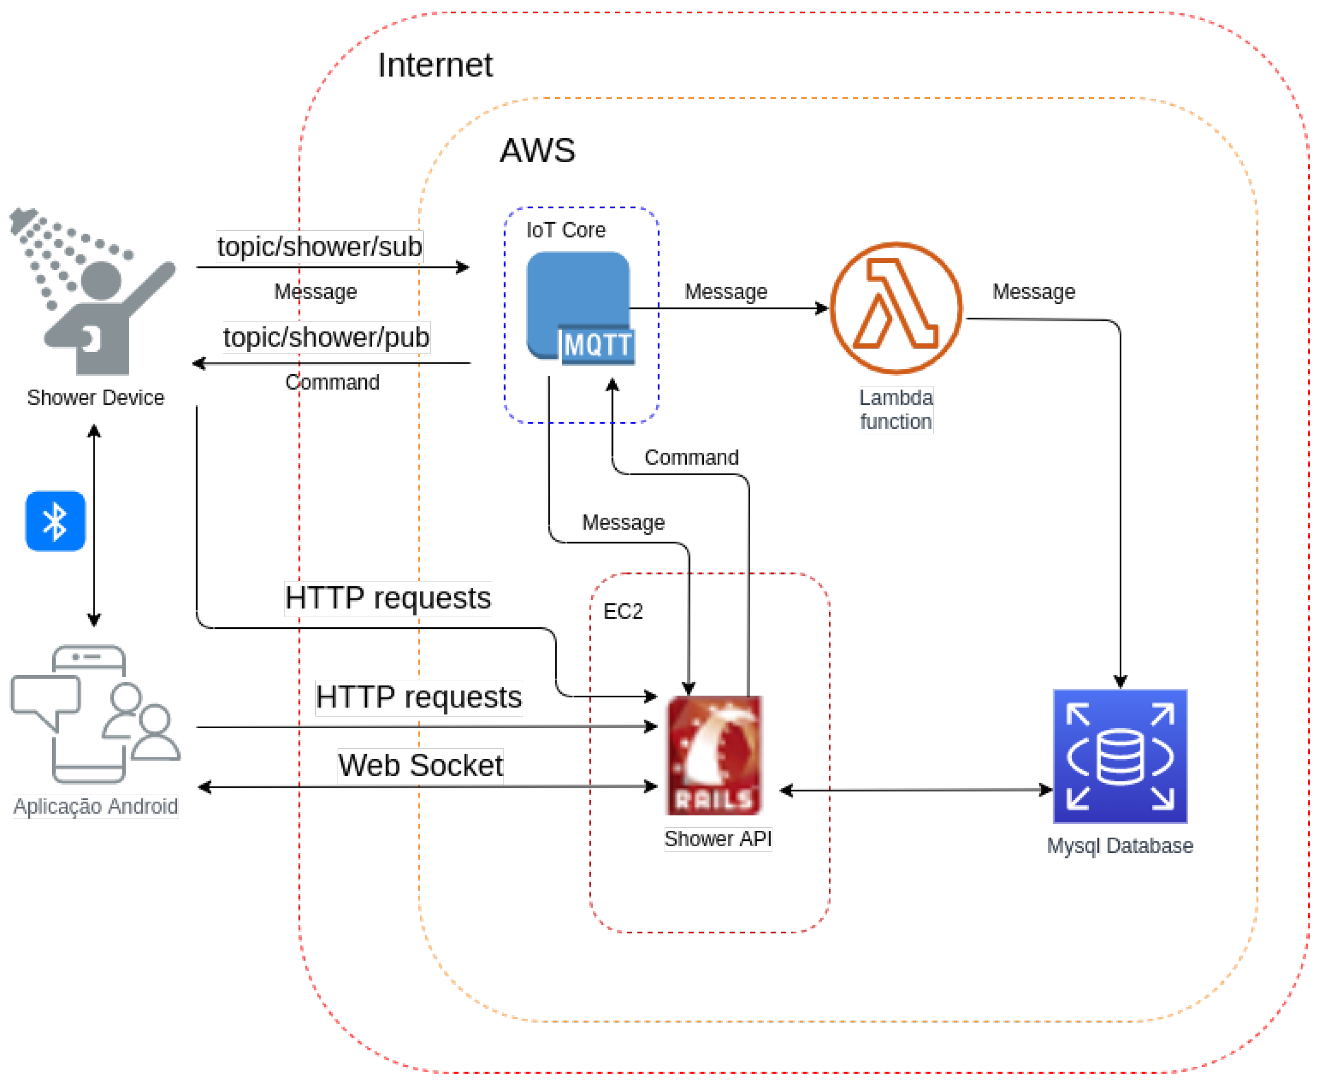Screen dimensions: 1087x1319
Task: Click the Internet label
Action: tap(435, 65)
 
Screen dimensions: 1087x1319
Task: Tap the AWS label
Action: tap(537, 151)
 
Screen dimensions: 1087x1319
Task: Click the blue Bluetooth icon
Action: tap(55, 521)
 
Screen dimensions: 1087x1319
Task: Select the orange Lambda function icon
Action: tap(896, 308)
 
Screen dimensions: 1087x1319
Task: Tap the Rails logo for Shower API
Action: tap(714, 755)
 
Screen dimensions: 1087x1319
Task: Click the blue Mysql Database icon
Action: tap(1120, 756)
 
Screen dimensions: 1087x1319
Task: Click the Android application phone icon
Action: tap(94, 714)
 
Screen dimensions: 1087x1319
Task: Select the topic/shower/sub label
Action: tap(320, 247)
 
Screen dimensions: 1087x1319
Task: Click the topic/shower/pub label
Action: tap(326, 338)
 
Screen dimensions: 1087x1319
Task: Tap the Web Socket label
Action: tap(420, 765)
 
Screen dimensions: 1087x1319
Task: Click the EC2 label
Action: tap(623, 611)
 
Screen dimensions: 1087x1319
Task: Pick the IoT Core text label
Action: tap(566, 231)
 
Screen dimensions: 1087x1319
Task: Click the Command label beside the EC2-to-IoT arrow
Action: tap(692, 458)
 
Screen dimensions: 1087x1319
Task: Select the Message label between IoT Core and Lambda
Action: tap(726, 292)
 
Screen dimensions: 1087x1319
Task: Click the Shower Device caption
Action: tap(95, 398)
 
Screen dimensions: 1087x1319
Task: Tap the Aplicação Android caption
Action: tap(95, 806)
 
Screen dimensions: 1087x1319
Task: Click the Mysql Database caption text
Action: tap(1120, 846)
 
